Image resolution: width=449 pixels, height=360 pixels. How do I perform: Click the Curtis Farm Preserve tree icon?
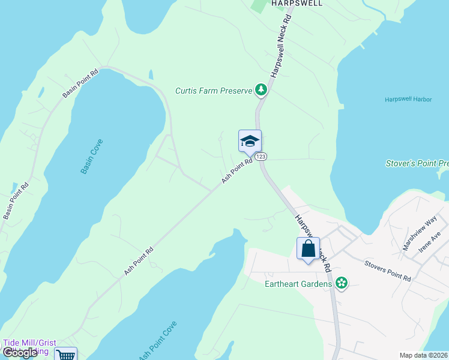click(261, 91)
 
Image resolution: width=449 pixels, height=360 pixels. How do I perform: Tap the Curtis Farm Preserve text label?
click(213, 91)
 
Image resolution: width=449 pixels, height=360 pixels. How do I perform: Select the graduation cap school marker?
click(250, 142)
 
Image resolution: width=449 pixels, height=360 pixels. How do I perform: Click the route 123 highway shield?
click(261, 157)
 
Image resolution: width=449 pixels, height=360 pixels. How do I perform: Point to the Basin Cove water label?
click(92, 157)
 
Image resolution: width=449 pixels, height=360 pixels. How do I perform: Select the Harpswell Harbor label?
click(408, 99)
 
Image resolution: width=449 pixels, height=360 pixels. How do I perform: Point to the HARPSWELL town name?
click(297, 3)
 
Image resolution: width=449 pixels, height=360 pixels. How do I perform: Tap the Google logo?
click(20, 353)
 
